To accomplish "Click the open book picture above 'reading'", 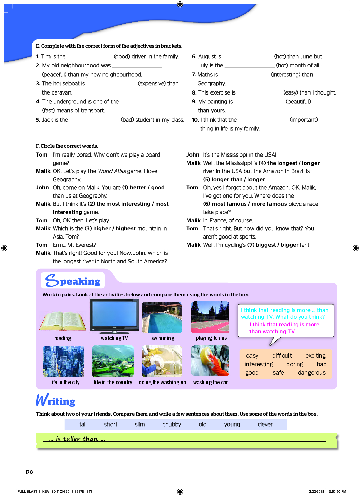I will [x=63, y=321].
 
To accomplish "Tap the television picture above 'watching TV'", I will [x=114, y=316].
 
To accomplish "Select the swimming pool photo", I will [x=162, y=317].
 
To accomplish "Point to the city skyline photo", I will [x=64, y=361].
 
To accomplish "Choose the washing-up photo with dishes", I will [x=162, y=361].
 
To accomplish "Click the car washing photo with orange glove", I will [x=210, y=361].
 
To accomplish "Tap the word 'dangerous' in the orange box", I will [x=312, y=373].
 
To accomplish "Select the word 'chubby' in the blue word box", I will [x=172, y=425].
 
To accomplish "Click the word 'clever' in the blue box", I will [x=265, y=425].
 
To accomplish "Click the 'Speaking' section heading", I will [x=73, y=281].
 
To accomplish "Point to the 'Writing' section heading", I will [x=56, y=401].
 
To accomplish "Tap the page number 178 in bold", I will [x=29, y=472].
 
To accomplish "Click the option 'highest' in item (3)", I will [x=125, y=229].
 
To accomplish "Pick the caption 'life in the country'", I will [x=113, y=383].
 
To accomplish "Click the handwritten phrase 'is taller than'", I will [x=77, y=439].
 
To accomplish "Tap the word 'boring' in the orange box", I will [x=295, y=364].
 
